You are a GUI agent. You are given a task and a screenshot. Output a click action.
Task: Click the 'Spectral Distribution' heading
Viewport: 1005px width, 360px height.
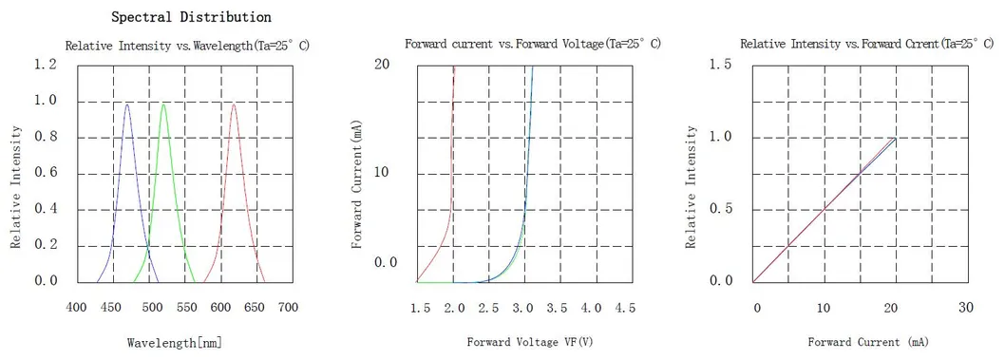pos(191,17)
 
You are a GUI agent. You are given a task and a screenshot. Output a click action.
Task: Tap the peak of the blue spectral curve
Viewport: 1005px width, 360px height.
pos(127,104)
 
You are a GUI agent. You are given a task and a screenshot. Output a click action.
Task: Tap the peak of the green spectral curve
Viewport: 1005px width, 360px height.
pos(163,104)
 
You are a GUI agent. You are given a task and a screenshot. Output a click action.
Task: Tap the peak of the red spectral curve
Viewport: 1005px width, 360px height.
pos(234,104)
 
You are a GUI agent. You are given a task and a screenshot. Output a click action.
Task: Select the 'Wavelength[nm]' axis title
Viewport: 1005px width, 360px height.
pos(175,342)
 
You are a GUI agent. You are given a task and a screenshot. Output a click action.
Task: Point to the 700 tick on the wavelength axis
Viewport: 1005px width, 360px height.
pos(288,308)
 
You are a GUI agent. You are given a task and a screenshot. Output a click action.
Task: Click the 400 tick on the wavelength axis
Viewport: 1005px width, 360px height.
pos(78,308)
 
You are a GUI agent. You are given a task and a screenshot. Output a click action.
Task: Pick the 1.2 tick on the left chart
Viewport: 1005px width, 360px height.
pos(46,64)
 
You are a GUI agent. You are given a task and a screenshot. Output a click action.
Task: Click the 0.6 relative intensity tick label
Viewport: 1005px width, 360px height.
pos(46,173)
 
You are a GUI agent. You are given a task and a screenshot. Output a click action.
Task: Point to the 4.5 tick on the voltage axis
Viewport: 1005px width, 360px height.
pos(624,309)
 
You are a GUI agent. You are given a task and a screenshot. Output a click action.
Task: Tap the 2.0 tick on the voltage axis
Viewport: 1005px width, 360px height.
pos(454,309)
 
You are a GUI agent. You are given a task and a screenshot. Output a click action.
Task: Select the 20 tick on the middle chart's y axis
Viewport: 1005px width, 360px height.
pos(382,64)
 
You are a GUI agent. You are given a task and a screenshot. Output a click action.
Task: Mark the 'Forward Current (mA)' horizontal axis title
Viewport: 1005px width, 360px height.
pos(867,341)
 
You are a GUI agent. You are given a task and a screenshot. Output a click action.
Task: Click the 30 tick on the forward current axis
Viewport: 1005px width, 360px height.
pos(966,309)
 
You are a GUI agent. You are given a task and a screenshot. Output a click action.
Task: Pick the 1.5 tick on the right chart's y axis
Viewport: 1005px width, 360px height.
pos(721,64)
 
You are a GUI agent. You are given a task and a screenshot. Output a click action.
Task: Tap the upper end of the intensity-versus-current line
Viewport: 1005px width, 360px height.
pos(895,139)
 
